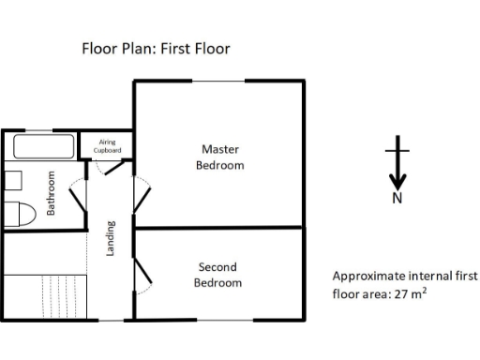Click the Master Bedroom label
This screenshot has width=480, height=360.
click(219, 157)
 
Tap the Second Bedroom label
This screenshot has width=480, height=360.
click(217, 274)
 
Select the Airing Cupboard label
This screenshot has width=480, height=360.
click(108, 145)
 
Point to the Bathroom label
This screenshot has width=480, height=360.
click(52, 191)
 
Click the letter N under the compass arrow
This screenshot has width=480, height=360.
click(397, 198)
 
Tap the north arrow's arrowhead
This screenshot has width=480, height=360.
click(397, 180)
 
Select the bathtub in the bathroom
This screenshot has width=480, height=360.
click(44, 147)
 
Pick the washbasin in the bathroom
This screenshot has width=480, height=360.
click(12, 180)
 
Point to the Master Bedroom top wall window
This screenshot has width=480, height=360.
click(219, 82)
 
